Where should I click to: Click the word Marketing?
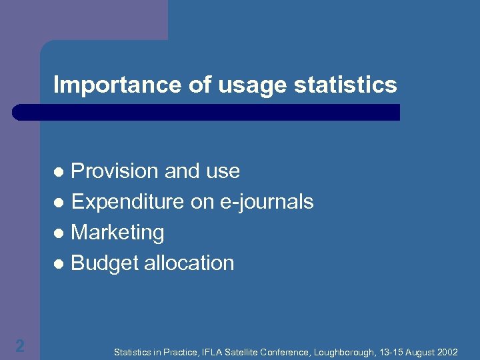[117, 233]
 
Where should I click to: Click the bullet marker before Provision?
[59, 172]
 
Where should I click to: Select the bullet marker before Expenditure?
[59, 203]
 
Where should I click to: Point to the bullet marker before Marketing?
[59, 233]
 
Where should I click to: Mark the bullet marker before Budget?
[59, 264]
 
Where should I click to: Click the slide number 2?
[20, 345]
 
